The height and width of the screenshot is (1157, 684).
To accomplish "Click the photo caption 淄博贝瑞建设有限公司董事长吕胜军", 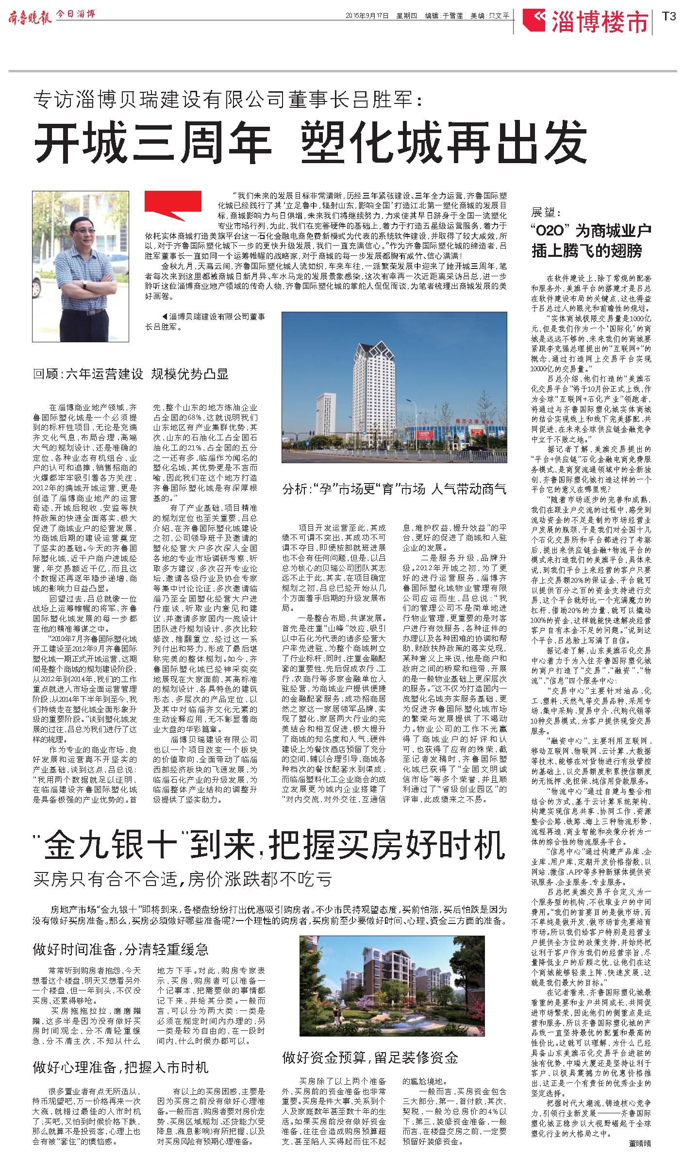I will [209, 322].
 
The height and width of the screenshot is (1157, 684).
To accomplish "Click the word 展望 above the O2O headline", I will [546, 213].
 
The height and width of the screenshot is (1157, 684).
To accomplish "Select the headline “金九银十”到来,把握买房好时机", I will [269, 845].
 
